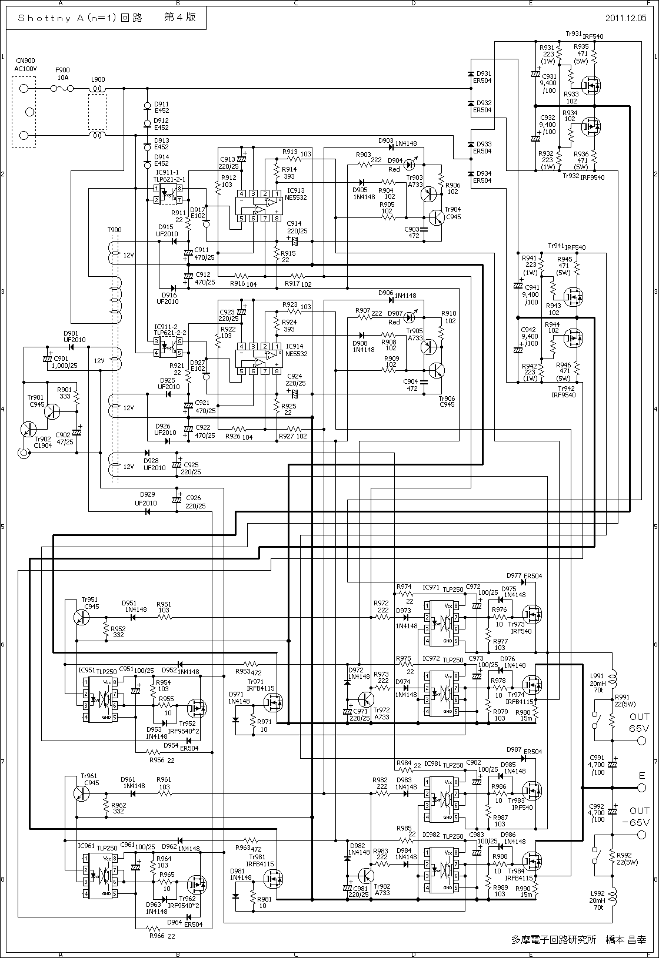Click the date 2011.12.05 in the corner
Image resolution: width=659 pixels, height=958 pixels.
click(x=625, y=18)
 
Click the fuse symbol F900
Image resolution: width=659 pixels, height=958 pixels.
click(x=62, y=89)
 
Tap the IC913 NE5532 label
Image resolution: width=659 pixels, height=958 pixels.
click(x=296, y=194)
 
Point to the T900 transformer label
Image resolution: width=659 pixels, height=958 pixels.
click(x=114, y=230)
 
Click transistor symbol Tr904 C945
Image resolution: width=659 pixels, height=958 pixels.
click(x=436, y=217)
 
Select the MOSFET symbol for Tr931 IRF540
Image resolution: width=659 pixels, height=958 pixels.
click(x=590, y=86)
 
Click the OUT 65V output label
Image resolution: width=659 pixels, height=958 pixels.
click(x=639, y=722)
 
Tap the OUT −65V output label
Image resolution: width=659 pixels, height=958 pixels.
click(x=639, y=816)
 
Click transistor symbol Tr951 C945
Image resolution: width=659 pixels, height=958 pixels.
click(x=82, y=617)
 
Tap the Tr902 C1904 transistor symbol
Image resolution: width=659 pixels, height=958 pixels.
click(x=28, y=429)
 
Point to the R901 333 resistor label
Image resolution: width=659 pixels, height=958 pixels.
click(x=64, y=393)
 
